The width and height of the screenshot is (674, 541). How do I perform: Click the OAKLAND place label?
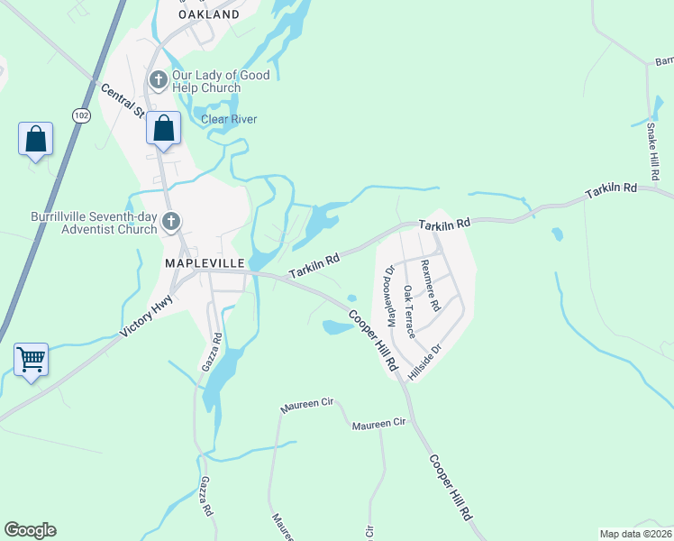[209, 14]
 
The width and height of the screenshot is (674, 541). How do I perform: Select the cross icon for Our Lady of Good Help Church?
[158, 80]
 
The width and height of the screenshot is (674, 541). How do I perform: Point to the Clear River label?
[229, 119]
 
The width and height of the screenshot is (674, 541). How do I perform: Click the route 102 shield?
[82, 115]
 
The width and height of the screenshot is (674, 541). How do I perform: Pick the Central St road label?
[123, 102]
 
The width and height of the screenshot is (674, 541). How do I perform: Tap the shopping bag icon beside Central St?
[164, 128]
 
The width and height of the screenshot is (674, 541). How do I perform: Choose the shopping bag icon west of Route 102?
[35, 140]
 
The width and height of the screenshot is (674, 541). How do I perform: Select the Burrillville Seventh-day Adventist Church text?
[93, 223]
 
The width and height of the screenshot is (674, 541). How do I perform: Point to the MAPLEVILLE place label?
[205, 261]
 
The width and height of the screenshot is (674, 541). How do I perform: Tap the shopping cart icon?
[32, 360]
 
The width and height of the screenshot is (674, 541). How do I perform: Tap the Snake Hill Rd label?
[653, 150]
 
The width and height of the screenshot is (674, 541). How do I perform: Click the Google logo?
[30, 530]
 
